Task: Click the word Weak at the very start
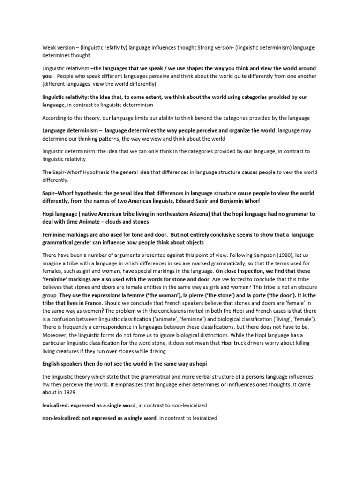click(49, 48)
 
